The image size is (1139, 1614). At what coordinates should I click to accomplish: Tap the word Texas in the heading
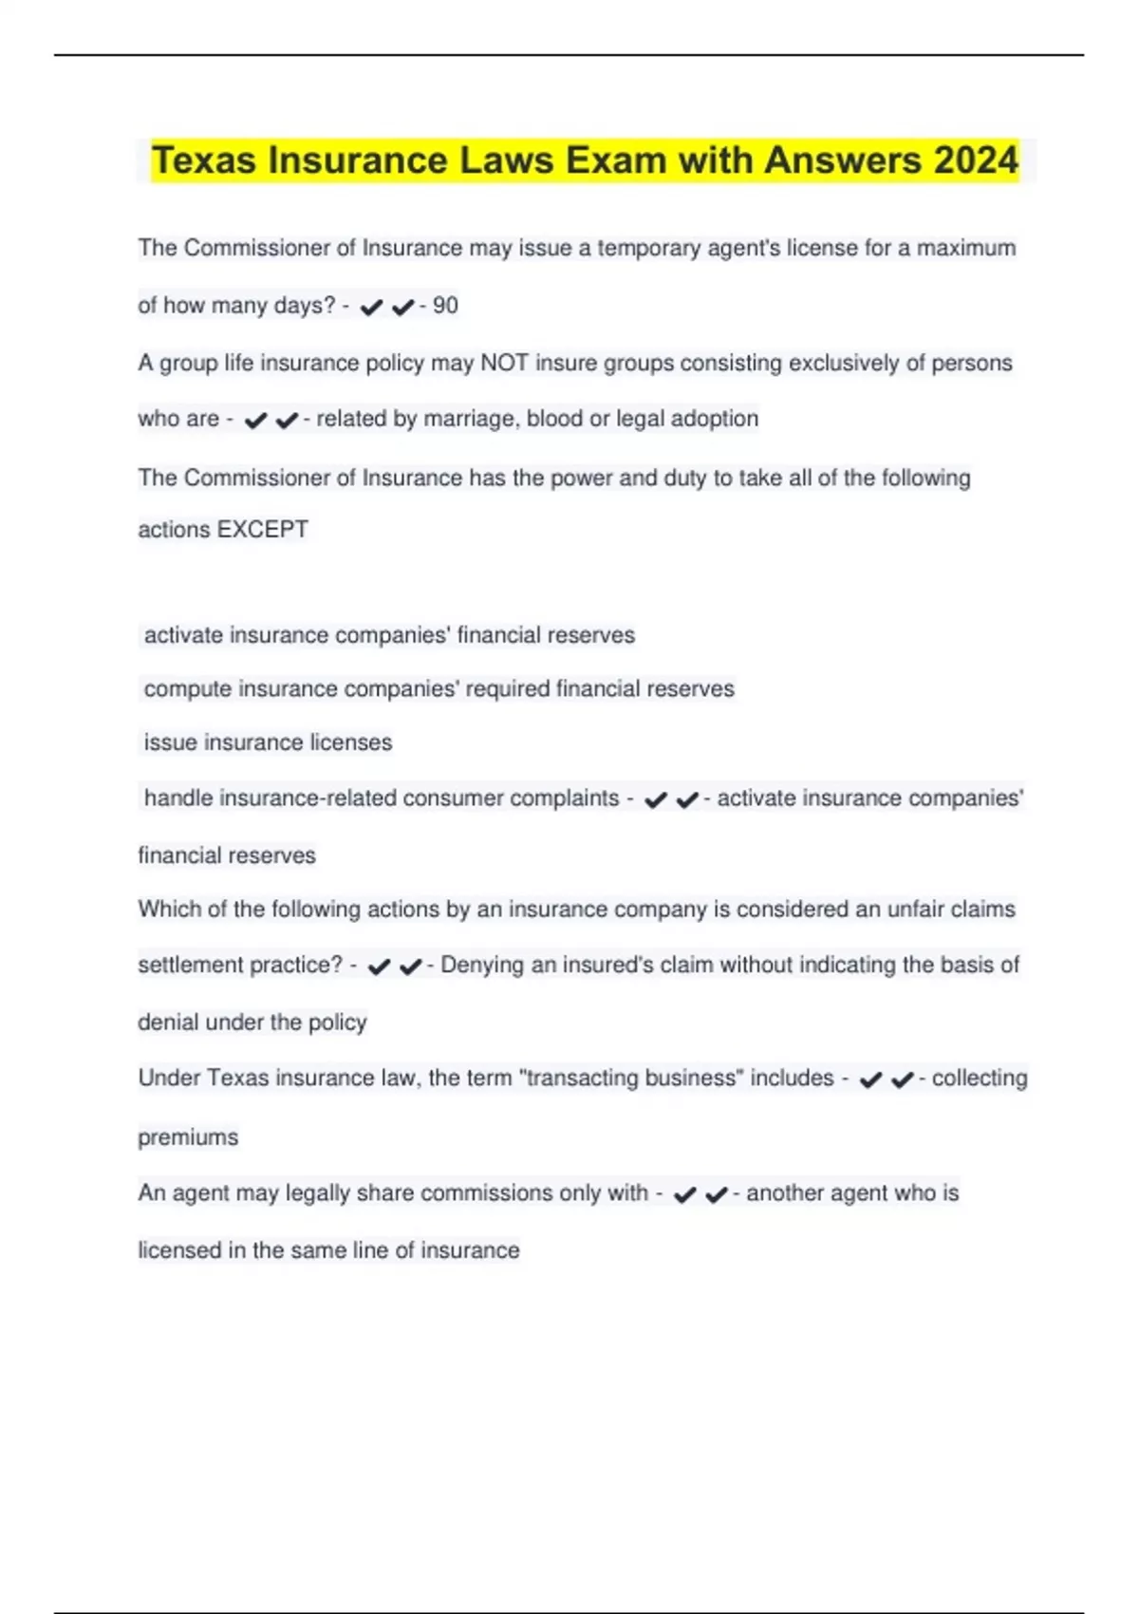pyautogui.click(x=204, y=160)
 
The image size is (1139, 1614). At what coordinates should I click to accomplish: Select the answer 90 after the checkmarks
pyautogui.click(x=445, y=306)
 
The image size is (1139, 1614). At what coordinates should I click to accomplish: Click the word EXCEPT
pyautogui.click(x=263, y=530)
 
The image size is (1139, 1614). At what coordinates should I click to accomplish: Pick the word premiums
pyautogui.click(x=188, y=1137)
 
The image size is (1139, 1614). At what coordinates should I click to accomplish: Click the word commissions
pyautogui.click(x=484, y=1193)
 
